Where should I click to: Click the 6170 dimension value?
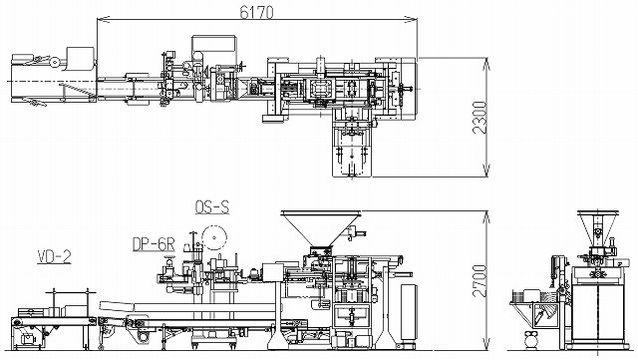[x=256, y=13]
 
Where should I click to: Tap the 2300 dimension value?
[x=480, y=118]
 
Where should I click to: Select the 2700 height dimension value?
[x=480, y=280]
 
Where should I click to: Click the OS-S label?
[x=212, y=207]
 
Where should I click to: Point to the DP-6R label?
[x=154, y=244]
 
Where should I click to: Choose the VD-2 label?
[x=54, y=257]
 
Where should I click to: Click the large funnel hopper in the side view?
[x=321, y=228]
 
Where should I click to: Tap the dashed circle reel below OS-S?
[x=214, y=237]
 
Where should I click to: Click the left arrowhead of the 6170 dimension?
[x=103, y=19]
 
